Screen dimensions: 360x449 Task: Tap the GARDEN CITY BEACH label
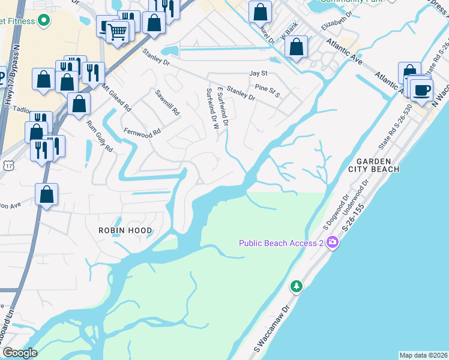[x=378, y=165]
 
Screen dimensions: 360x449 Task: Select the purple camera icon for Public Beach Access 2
[x=332, y=242]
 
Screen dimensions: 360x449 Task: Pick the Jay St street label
[x=258, y=74]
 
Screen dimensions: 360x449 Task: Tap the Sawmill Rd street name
[x=167, y=103]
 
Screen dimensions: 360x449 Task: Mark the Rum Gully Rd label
[x=100, y=136]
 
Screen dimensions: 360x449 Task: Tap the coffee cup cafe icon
[x=421, y=91]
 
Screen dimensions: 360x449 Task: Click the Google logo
[x=20, y=353]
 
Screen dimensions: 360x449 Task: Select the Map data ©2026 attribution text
[x=423, y=355]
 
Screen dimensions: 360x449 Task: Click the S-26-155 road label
[x=354, y=220]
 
